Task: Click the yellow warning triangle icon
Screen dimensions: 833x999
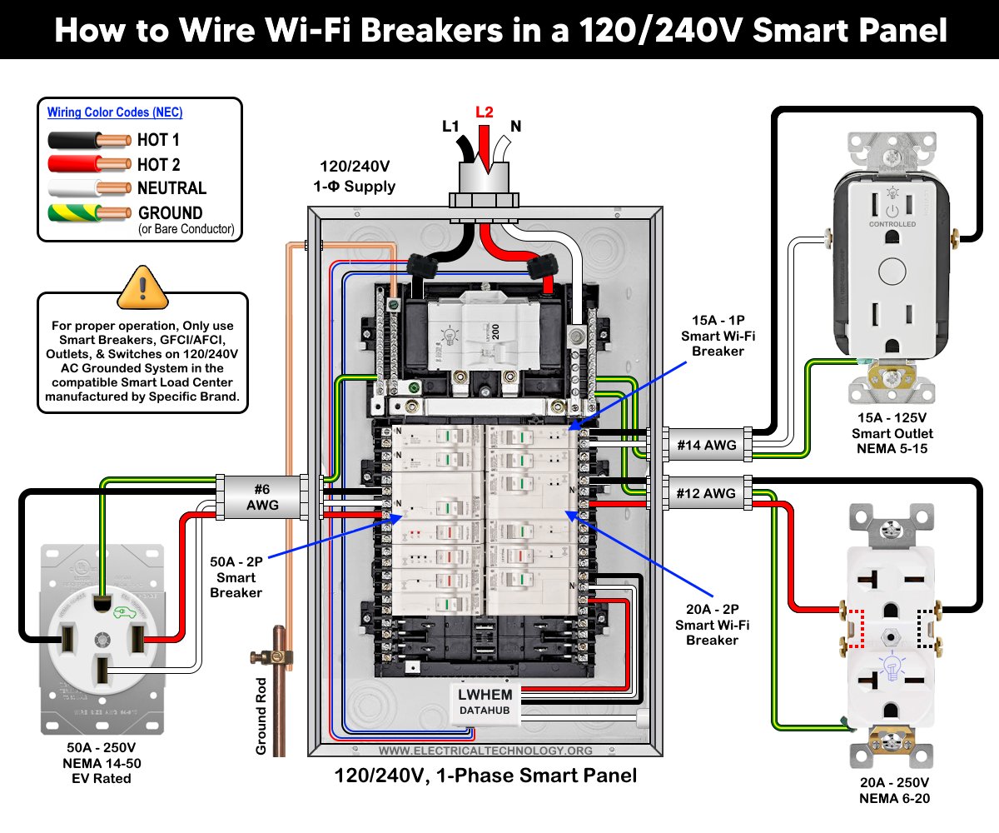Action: point(142,289)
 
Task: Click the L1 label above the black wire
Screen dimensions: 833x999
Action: point(450,127)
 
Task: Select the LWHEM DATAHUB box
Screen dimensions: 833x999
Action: point(486,701)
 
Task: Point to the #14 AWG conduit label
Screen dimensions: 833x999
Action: point(706,445)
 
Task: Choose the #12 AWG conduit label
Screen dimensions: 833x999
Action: point(706,493)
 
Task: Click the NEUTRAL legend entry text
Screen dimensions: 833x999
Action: point(171,188)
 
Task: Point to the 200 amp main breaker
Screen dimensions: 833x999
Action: point(473,332)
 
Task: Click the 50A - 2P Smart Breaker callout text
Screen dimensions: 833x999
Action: point(236,577)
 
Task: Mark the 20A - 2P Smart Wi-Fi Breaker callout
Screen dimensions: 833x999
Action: point(712,625)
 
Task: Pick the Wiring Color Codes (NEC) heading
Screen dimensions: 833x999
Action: point(114,112)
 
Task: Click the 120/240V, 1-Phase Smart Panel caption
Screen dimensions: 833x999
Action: point(485,776)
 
